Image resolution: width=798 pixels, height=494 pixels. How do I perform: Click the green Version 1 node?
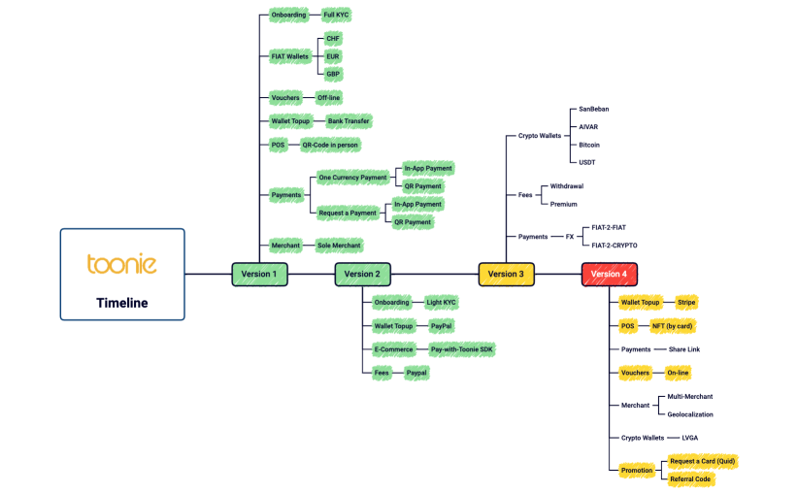coord(259,274)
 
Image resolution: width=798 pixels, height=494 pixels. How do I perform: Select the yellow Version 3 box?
coord(506,274)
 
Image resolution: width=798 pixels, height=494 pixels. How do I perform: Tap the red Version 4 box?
coord(609,274)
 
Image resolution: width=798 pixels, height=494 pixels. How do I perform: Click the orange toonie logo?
coord(121,263)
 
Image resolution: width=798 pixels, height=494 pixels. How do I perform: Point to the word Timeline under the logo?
coord(121,303)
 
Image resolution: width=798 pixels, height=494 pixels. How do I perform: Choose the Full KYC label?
coord(336,16)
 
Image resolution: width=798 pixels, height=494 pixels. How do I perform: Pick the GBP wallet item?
coord(333,74)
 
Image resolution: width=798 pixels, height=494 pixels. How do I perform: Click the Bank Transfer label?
coord(348,121)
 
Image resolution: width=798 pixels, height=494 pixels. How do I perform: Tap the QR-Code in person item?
coord(330,145)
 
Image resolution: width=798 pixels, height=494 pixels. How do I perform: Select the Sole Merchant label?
coord(339,246)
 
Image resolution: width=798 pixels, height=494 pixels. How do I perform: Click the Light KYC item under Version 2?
coord(441,303)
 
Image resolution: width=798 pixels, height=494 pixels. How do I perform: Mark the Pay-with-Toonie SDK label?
coord(462,349)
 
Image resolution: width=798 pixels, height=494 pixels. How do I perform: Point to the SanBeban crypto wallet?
coord(593,110)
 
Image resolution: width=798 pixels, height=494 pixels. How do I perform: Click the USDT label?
coord(587,162)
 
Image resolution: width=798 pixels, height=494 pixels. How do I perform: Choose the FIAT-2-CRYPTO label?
coord(615,246)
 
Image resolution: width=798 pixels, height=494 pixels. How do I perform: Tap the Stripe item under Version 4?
coord(686,303)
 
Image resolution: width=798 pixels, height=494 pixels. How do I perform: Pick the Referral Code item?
coord(691,478)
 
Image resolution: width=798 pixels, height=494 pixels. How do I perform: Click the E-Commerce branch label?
coord(393,349)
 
